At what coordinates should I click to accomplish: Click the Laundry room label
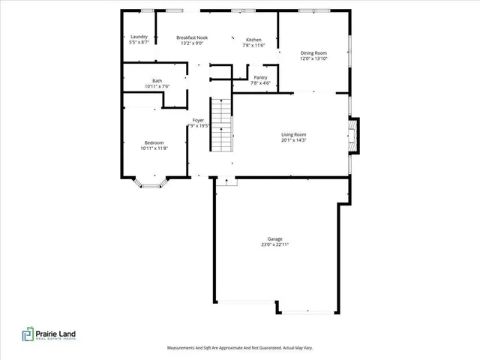(139, 37)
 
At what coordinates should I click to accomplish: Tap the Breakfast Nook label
(192, 37)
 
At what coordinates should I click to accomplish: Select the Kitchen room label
(253, 40)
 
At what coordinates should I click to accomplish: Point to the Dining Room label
(315, 52)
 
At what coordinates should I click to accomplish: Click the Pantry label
(260, 77)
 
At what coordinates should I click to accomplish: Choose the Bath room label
(157, 81)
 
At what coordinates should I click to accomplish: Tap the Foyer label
(198, 120)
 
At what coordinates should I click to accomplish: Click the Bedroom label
(154, 142)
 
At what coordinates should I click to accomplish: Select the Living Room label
(294, 133)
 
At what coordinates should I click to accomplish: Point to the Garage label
(274, 238)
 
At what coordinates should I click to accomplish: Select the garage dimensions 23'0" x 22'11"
(274, 244)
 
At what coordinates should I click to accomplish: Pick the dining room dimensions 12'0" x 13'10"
(315, 58)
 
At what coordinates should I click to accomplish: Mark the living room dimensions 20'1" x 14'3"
(294, 139)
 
